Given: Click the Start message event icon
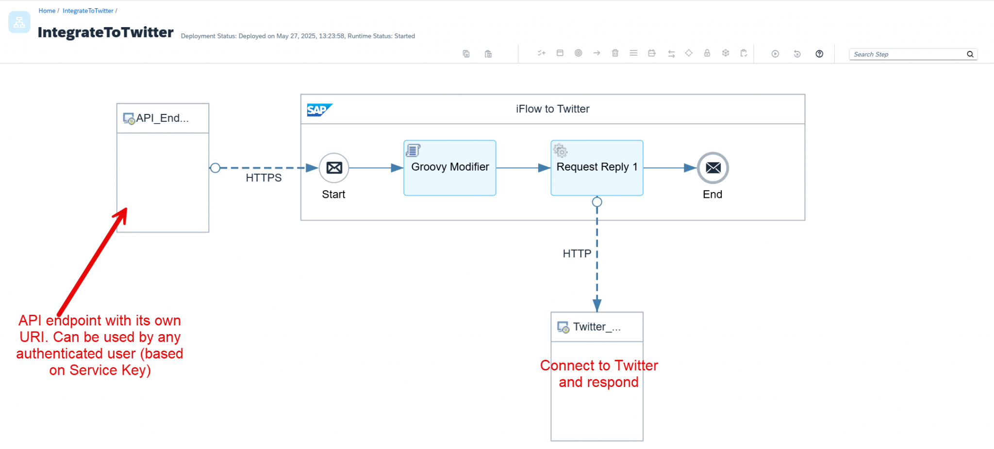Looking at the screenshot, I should coord(334,168).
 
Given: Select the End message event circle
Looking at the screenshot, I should coord(712,168).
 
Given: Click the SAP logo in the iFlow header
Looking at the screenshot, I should coord(319,110).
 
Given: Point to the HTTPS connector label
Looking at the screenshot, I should coord(264,178).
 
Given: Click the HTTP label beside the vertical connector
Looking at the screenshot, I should coord(577,254).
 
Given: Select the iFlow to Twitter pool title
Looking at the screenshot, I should coord(552,109).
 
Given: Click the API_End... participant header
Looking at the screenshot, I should coord(163,118).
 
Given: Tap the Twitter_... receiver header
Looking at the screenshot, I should coord(596,327).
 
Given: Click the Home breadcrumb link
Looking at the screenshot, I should coord(47,11).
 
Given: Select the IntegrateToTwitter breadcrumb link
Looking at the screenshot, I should coord(88,11).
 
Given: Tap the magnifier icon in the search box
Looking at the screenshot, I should coord(970,54).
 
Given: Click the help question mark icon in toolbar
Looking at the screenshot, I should coord(819,54).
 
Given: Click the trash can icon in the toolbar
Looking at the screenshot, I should coord(615,53).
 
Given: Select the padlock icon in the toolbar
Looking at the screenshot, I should coord(707,53).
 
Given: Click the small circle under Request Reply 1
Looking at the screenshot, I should coord(597,202).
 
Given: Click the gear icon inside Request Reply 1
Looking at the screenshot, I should coord(560,151).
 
